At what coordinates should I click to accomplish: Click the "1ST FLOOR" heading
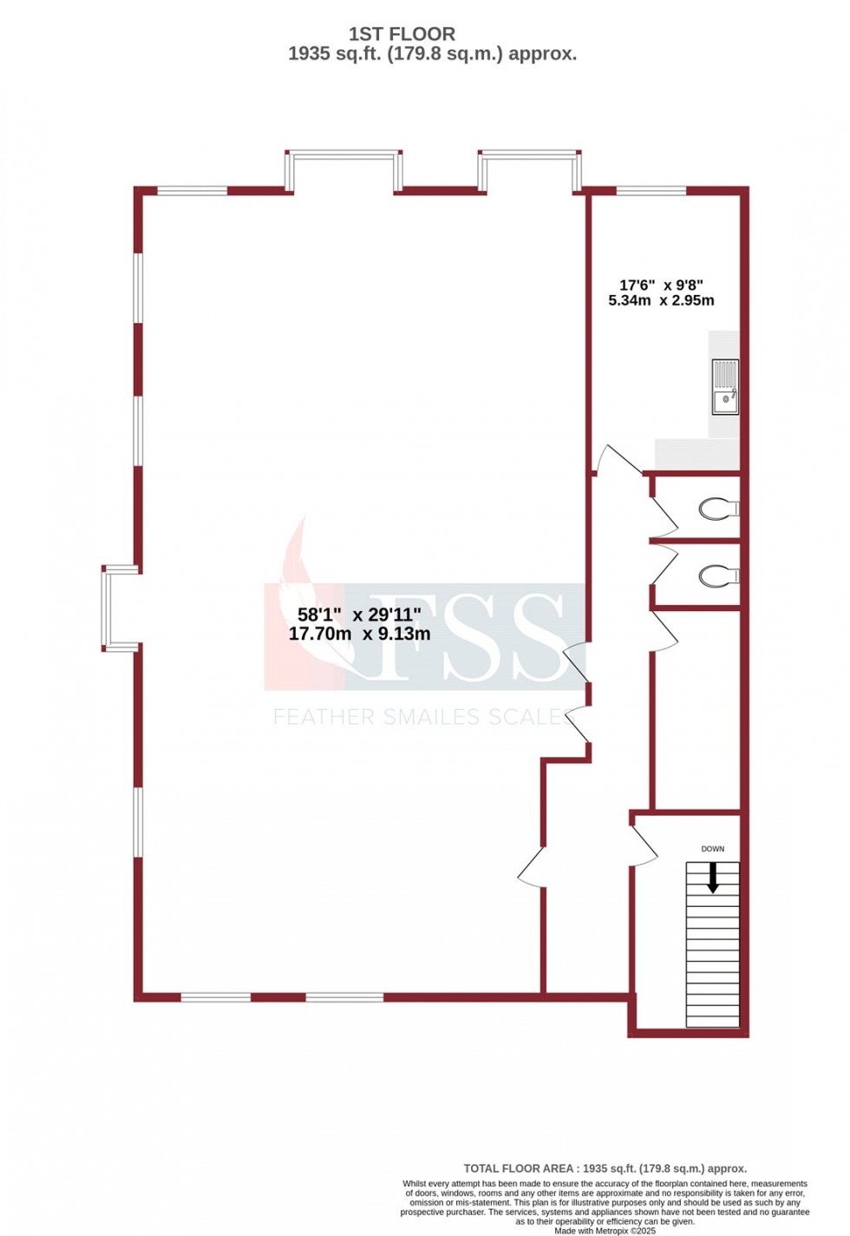(402, 34)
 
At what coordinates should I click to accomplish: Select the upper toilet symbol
(719, 508)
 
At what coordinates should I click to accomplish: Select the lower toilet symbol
(719, 575)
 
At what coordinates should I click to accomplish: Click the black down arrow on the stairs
(713, 878)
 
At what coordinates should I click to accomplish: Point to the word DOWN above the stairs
(713, 849)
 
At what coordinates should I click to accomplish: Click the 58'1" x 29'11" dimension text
(359, 615)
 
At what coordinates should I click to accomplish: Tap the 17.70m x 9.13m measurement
(359, 634)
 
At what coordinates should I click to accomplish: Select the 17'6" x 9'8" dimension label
(661, 285)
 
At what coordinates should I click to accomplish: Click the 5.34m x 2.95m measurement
(661, 301)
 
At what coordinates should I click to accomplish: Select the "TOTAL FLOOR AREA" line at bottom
(605, 1169)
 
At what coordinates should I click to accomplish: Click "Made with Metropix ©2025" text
(605, 1231)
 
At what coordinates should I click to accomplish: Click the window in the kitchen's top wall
(651, 189)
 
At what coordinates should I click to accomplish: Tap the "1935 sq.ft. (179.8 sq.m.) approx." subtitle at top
(432, 54)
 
